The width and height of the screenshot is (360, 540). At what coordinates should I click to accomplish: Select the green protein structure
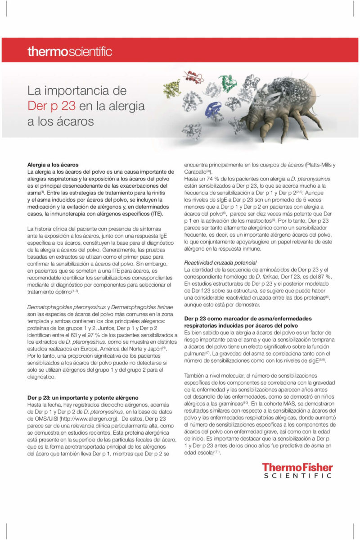(228, 81)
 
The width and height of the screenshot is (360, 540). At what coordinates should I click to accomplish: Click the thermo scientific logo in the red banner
(70, 51)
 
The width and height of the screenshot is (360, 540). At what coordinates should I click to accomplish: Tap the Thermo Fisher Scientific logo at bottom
(297, 470)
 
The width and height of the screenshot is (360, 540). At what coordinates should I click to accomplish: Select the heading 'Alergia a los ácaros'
(53, 165)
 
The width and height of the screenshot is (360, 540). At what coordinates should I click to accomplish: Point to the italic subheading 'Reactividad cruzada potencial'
(220, 262)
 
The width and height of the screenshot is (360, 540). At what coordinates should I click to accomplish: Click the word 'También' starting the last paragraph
(195, 375)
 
